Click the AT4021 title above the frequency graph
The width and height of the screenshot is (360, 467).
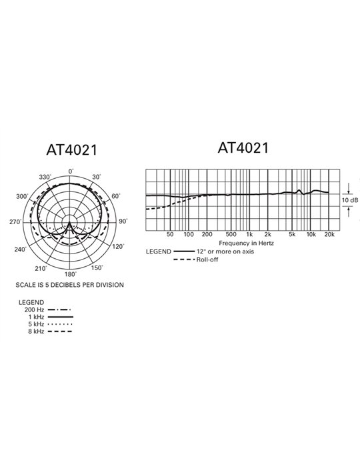[x=243, y=147]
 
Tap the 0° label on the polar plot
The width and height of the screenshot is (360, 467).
[x=71, y=173]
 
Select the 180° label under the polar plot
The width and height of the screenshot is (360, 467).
[x=70, y=274]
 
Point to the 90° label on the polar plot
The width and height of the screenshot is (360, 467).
[x=123, y=221]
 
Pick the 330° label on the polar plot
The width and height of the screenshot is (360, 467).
[x=45, y=177]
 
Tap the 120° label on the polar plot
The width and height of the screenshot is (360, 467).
[x=117, y=247]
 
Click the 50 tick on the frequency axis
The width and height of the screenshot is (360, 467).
[x=170, y=235]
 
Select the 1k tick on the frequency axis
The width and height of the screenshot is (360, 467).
[x=249, y=235]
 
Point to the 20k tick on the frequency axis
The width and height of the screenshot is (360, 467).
[x=329, y=235]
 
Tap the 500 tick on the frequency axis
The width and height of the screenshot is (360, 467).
[x=231, y=235]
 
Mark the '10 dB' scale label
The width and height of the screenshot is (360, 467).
[x=349, y=199]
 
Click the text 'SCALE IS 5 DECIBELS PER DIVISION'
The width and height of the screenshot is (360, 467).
[x=71, y=284]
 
